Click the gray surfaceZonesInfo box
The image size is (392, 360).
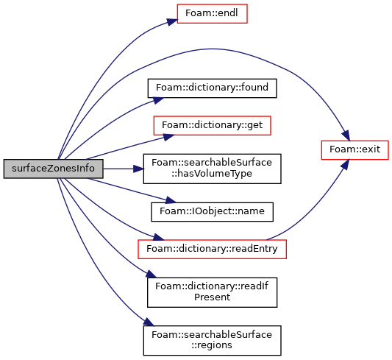(53, 169)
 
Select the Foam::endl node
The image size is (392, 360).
(212, 13)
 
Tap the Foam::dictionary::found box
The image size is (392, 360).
(212, 88)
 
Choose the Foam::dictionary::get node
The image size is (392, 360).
(212, 125)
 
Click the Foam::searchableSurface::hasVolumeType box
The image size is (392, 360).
(212, 169)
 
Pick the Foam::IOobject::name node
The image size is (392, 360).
(212, 212)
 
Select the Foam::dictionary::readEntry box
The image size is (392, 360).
(212, 249)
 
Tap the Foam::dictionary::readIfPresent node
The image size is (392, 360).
(212, 292)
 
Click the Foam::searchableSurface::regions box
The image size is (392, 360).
(212, 340)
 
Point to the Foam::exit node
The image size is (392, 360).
(354, 150)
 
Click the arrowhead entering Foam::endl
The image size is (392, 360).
(172, 22)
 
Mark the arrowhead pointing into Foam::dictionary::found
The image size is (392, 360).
(157, 100)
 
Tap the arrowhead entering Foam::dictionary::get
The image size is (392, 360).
(168, 137)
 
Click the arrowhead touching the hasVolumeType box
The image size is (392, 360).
(138, 169)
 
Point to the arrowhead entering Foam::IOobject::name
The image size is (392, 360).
(171, 200)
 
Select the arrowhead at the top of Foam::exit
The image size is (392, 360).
(346, 135)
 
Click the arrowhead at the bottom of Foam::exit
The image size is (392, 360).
(345, 165)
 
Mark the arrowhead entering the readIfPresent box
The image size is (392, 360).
(152, 274)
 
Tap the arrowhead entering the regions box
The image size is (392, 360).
(149, 322)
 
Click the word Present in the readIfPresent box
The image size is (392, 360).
(212, 297)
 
